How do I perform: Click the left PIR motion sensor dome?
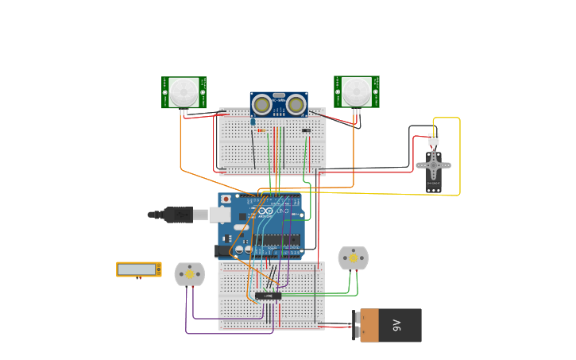[184, 92]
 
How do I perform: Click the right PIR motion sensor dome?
[356, 91]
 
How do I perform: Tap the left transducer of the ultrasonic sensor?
[262, 104]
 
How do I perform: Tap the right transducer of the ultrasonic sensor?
[296, 104]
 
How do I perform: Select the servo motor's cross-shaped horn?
[433, 166]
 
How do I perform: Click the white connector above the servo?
[433, 139]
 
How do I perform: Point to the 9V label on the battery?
[396, 325]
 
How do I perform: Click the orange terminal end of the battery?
[369, 326]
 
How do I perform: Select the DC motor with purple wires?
[189, 274]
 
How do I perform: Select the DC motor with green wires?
[353, 258]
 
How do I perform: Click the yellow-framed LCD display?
[138, 269]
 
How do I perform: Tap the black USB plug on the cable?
[178, 215]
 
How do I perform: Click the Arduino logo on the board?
[265, 211]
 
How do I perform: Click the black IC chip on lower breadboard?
[268, 296]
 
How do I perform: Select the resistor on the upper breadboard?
[261, 130]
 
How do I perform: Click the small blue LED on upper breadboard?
[253, 122]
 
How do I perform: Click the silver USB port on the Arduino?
[220, 215]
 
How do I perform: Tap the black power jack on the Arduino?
[223, 251]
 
